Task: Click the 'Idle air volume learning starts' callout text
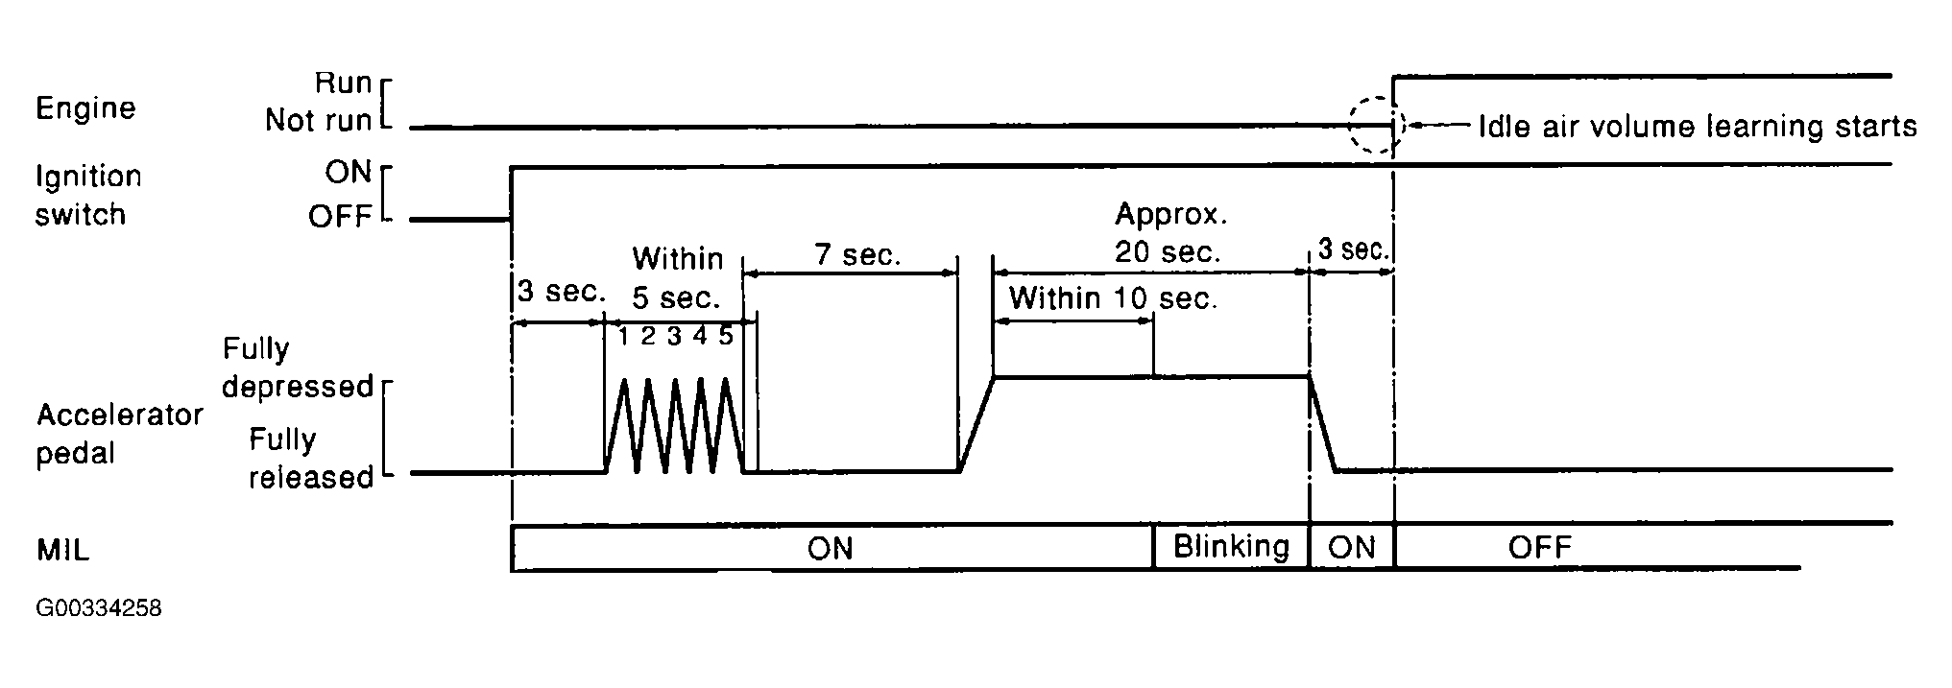click(1697, 126)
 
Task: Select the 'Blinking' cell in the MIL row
click(1231, 547)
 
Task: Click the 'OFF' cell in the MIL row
click(1539, 548)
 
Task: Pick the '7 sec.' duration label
click(857, 255)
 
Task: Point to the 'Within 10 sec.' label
click(1113, 298)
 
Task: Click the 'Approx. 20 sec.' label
click(1169, 233)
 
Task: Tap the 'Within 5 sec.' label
click(677, 278)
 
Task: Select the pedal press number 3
click(674, 337)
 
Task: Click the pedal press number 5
click(726, 337)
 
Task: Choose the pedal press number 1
click(623, 337)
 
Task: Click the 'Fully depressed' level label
click(297, 368)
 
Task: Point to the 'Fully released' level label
click(310, 459)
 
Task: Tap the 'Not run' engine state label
click(318, 121)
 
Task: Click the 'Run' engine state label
click(343, 83)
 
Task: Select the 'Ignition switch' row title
click(87, 195)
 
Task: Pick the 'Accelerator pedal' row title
click(119, 434)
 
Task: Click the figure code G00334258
click(98, 609)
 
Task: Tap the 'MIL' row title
click(63, 551)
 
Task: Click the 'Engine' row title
click(85, 108)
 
